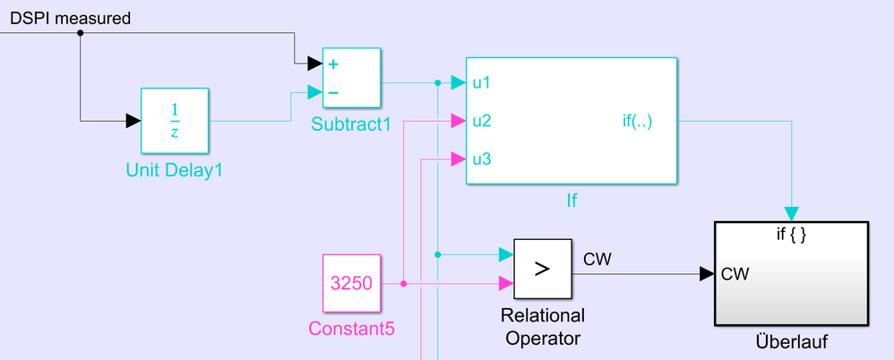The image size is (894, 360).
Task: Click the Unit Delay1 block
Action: click(175, 121)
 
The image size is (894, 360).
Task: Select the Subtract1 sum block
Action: click(351, 77)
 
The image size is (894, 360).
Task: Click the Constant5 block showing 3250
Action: click(352, 284)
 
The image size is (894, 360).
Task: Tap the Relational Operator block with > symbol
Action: click(542, 269)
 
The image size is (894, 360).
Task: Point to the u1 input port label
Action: click(482, 83)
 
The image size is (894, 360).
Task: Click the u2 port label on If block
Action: click(482, 120)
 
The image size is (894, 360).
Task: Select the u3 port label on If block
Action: click(482, 160)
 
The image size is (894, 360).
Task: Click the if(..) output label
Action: click(637, 120)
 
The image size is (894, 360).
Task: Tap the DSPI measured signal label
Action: click(70, 17)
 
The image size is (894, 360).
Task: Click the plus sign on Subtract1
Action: click(334, 64)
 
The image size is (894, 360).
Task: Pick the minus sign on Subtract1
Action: click(334, 91)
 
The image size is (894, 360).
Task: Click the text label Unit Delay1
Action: click(175, 167)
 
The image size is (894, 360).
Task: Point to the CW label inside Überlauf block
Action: click(735, 274)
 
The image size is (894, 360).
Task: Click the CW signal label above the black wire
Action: click(597, 260)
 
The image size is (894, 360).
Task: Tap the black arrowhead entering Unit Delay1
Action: click(133, 121)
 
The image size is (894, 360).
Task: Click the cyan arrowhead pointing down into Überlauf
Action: click(791, 213)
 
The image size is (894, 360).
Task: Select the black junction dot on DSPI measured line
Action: click(81, 33)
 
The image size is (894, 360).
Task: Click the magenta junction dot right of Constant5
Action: click(403, 284)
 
